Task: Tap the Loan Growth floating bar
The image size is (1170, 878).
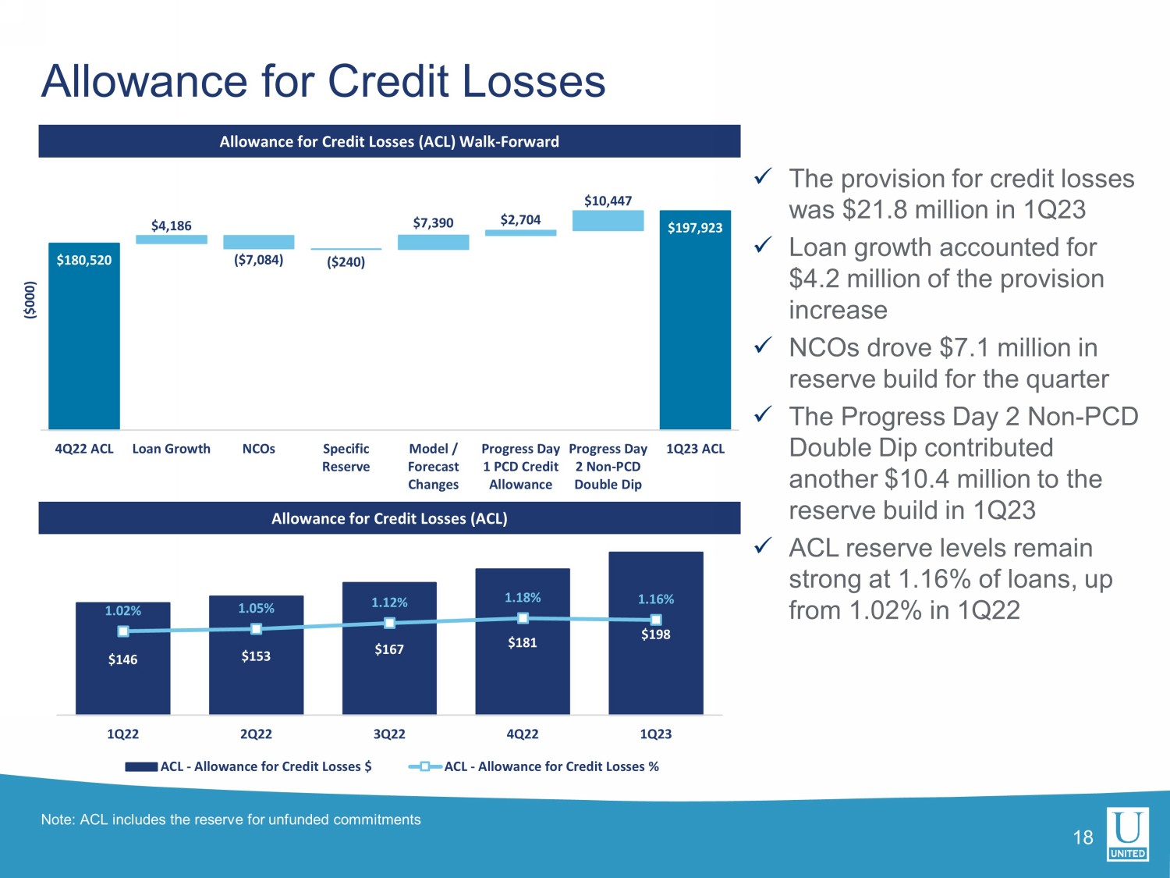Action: (x=172, y=240)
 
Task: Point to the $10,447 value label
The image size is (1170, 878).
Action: (x=608, y=201)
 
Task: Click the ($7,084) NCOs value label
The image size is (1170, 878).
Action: (x=258, y=260)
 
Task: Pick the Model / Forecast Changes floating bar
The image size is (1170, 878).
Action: (x=433, y=242)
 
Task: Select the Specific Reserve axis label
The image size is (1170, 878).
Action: (x=346, y=457)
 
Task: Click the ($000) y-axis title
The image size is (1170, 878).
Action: (x=30, y=300)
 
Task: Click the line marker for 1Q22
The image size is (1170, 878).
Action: (x=123, y=631)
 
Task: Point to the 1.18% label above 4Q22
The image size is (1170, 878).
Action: (x=523, y=597)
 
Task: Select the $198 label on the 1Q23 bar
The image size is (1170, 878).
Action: (x=655, y=635)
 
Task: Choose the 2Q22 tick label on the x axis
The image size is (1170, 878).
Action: (x=256, y=734)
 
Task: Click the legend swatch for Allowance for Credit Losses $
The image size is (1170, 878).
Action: (x=141, y=766)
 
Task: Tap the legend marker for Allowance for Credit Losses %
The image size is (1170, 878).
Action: (x=425, y=766)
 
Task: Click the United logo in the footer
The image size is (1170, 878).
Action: (x=1127, y=834)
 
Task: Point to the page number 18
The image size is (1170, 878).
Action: (x=1083, y=838)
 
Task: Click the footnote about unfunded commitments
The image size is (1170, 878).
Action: (x=231, y=819)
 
